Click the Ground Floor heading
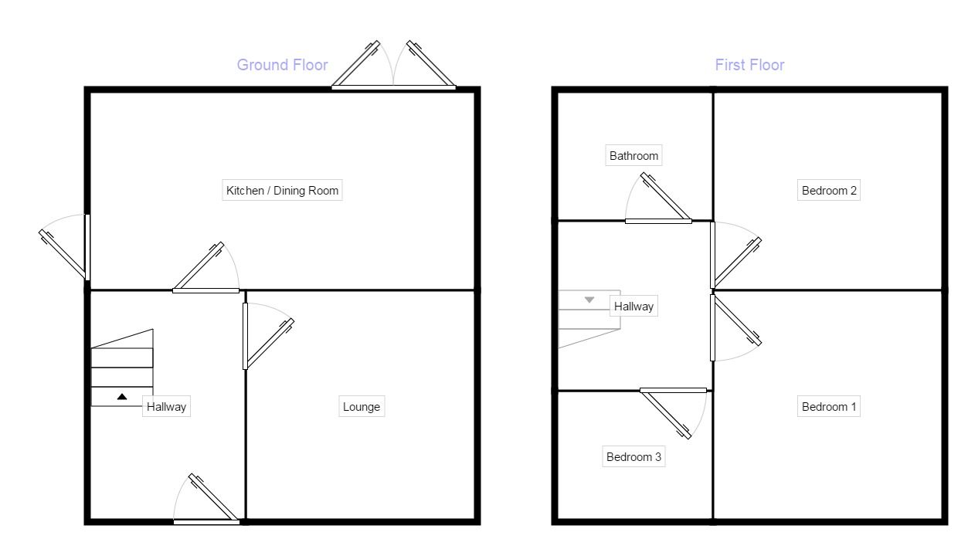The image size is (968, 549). click(x=282, y=65)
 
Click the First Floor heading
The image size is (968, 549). click(x=749, y=65)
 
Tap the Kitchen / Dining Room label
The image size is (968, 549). click(x=282, y=190)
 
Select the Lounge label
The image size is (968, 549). click(x=361, y=407)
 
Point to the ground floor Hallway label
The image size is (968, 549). click(x=166, y=407)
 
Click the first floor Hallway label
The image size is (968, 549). click(x=633, y=307)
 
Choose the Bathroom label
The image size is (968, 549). click(x=633, y=156)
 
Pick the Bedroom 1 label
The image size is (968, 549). click(x=829, y=407)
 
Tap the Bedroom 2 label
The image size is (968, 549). click(x=829, y=190)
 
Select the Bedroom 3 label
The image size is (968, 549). click(x=633, y=457)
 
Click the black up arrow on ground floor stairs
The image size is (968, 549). click(x=122, y=397)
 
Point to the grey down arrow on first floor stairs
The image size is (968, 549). click(x=589, y=300)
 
